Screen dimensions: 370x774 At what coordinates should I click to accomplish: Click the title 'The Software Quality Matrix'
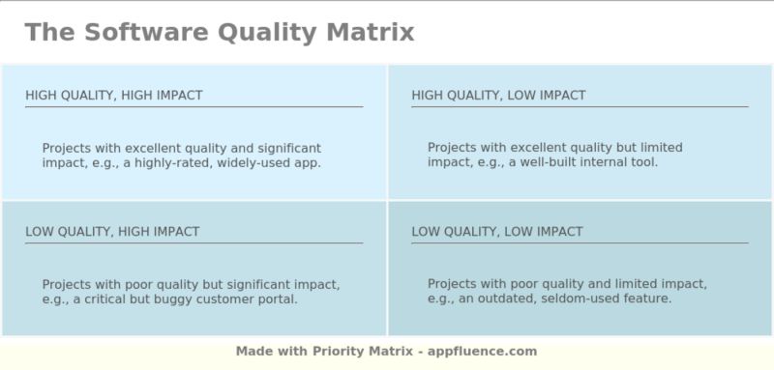220,33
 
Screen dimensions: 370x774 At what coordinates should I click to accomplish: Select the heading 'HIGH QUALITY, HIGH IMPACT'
114,95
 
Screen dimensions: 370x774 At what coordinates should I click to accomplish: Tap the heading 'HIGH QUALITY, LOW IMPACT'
498,95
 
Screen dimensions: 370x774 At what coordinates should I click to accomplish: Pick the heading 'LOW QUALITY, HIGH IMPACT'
112,232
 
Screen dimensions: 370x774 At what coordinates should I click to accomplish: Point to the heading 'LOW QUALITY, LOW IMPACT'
497,232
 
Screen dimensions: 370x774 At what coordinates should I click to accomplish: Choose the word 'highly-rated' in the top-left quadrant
174,163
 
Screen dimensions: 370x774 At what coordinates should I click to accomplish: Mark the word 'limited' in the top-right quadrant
662,148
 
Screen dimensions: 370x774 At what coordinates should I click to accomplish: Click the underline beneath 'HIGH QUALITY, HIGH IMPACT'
193,107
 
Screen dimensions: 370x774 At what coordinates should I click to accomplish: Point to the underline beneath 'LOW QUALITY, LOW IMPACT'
580,243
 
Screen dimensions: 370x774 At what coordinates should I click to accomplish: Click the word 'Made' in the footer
253,352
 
